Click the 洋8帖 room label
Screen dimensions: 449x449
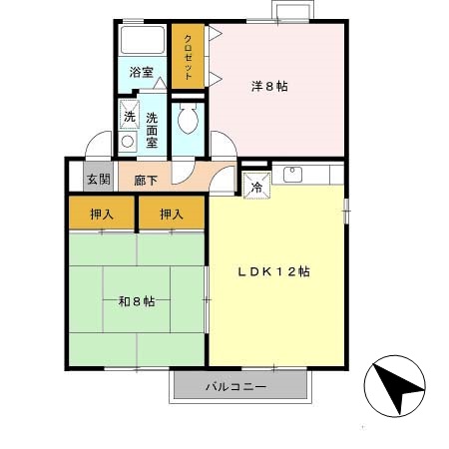(x=269, y=87)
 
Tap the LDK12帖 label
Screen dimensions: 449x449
(x=272, y=271)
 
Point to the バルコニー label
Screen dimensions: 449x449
(x=236, y=387)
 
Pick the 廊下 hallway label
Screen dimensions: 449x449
(x=133, y=181)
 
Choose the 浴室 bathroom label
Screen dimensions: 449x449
(x=141, y=72)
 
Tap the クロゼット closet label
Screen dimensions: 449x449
(x=187, y=58)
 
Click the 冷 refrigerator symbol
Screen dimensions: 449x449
(x=256, y=184)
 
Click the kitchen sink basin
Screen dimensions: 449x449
(x=293, y=176)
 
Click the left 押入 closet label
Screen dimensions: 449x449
(x=102, y=213)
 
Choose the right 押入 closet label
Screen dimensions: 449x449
(x=172, y=213)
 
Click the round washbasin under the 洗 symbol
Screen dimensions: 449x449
(x=128, y=142)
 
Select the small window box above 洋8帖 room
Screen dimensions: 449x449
(x=290, y=12)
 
